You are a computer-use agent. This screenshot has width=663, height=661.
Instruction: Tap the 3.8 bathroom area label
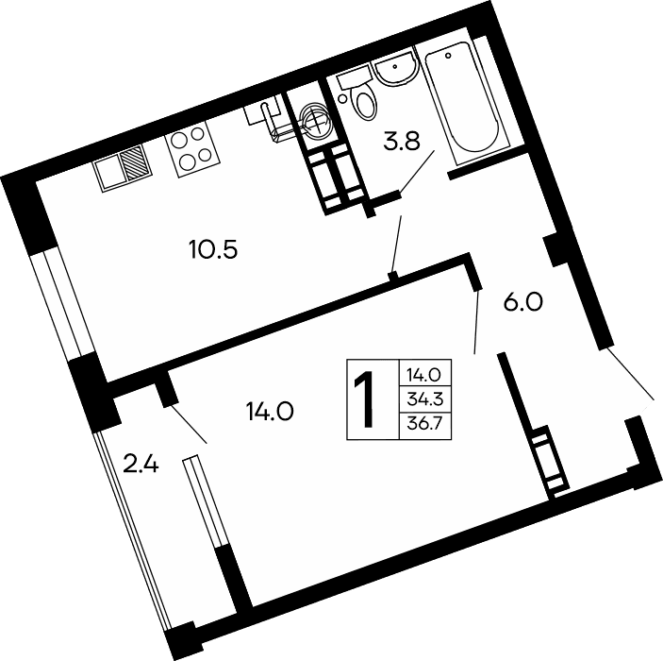[399, 144]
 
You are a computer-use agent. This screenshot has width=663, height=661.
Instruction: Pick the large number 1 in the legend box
[368, 401]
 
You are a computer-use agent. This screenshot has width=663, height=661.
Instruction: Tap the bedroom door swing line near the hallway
[478, 322]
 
